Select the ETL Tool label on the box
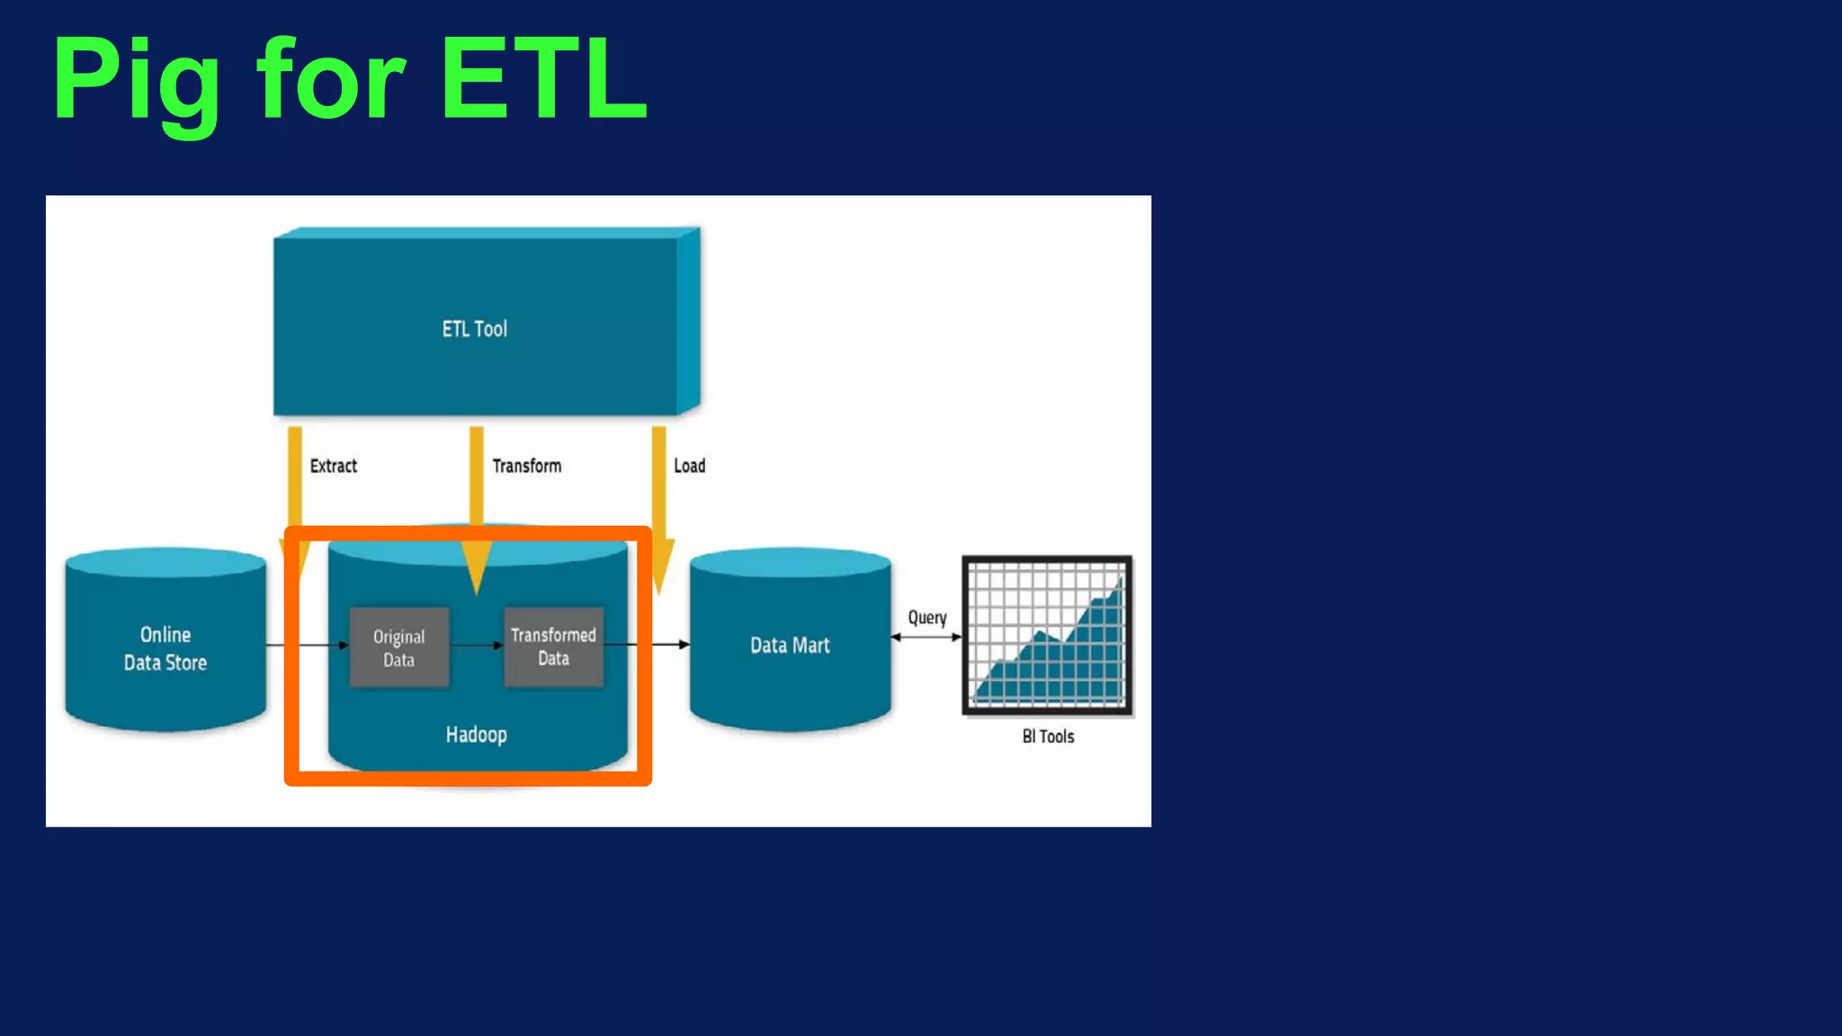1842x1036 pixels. pos(474,329)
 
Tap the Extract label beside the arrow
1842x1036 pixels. pos(333,466)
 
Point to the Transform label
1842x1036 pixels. pos(526,466)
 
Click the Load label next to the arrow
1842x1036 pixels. pos(689,466)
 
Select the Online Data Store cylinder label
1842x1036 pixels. pos(165,648)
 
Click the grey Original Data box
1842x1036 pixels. pos(398,647)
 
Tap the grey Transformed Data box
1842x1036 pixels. pos(553,647)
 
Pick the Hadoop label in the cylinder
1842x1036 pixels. pos(476,735)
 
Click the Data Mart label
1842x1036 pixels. pos(790,645)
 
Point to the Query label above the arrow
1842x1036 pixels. pos(926,618)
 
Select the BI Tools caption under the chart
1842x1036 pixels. pos(1048,737)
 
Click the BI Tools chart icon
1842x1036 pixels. pos(1047,636)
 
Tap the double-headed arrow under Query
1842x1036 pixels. pos(926,637)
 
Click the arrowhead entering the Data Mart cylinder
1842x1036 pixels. pos(684,645)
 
